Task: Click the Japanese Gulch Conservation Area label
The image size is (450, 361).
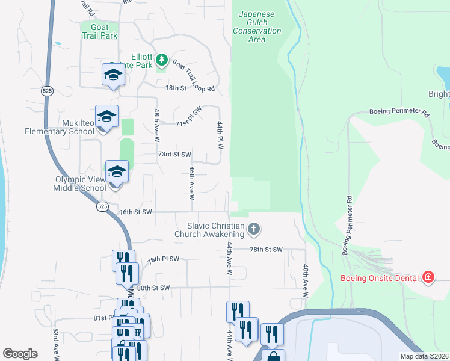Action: point(257,26)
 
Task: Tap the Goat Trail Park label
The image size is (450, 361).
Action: point(99,31)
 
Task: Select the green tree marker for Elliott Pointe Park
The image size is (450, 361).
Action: point(161,60)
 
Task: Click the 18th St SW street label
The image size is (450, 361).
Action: point(190,88)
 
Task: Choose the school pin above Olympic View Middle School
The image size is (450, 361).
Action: point(117,172)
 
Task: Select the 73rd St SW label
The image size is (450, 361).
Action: point(174,155)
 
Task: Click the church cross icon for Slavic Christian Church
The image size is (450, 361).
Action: point(254,229)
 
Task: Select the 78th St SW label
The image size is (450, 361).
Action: point(266,249)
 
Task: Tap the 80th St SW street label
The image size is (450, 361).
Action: point(153,288)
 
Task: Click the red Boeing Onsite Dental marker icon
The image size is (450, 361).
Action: point(428,277)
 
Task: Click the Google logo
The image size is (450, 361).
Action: point(20,354)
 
